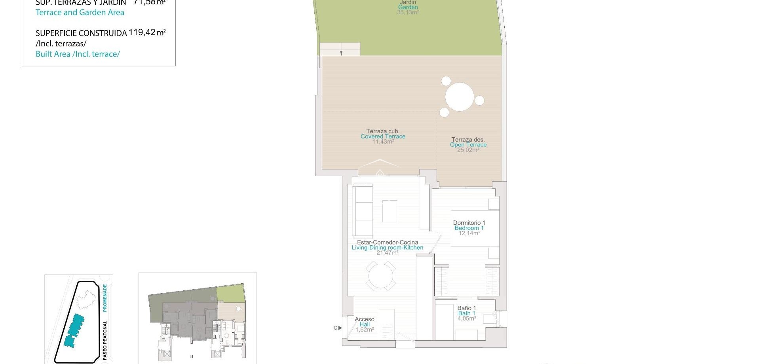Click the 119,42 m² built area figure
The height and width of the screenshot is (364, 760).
pos(147,32)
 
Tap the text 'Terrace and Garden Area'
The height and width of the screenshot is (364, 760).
pos(80,12)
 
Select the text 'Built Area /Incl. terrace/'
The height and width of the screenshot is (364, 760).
pos(78,54)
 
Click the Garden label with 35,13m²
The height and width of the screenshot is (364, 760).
pos(408,7)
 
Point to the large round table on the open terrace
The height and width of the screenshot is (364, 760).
pos(460,97)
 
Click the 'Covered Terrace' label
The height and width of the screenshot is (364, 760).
pos(383,136)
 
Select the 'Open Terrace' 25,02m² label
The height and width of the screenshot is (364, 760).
pos(468,145)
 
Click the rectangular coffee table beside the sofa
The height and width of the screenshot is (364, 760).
pos(389,211)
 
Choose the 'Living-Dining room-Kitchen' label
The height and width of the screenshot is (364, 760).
pos(388,248)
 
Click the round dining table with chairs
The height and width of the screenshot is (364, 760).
pos(380,275)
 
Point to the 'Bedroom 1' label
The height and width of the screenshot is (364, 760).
pos(469,228)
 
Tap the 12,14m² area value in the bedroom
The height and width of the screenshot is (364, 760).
pos(469,233)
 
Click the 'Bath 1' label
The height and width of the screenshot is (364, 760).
pos(467,313)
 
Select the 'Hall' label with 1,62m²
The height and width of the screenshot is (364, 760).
pos(365,324)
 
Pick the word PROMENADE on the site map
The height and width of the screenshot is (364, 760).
pos(105,298)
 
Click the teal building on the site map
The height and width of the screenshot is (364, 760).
pos(74,330)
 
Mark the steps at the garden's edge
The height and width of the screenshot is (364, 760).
pos(340,49)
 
